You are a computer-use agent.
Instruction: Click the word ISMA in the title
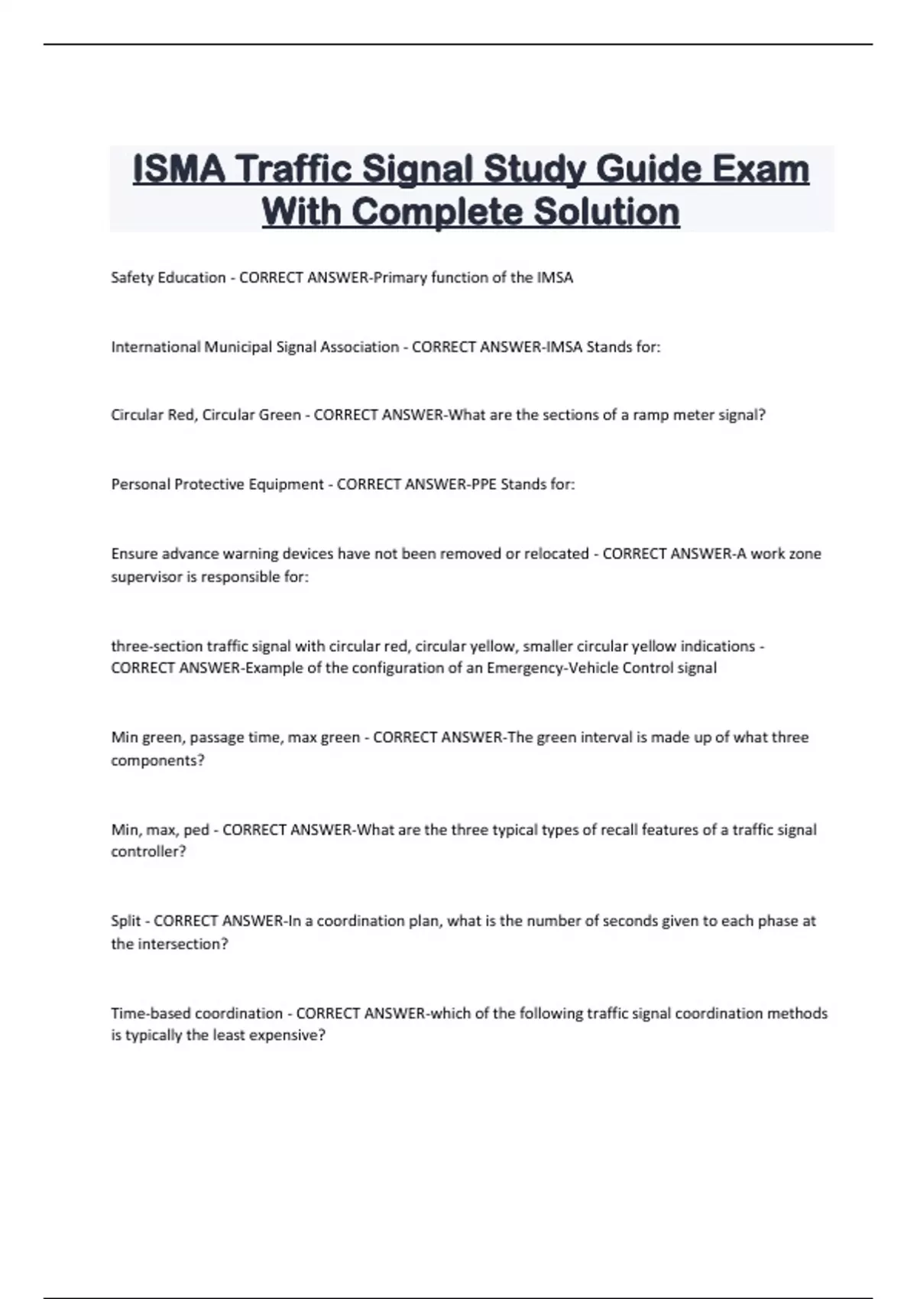(x=179, y=170)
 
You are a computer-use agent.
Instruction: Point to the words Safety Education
(x=168, y=277)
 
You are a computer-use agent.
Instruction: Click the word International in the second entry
(x=155, y=347)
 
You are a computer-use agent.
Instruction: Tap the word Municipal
(x=238, y=347)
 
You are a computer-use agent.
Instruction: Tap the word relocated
(x=556, y=553)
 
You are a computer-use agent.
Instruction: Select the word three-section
(x=157, y=646)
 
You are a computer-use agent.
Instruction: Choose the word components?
(x=157, y=760)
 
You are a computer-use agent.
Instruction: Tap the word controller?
(x=148, y=852)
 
